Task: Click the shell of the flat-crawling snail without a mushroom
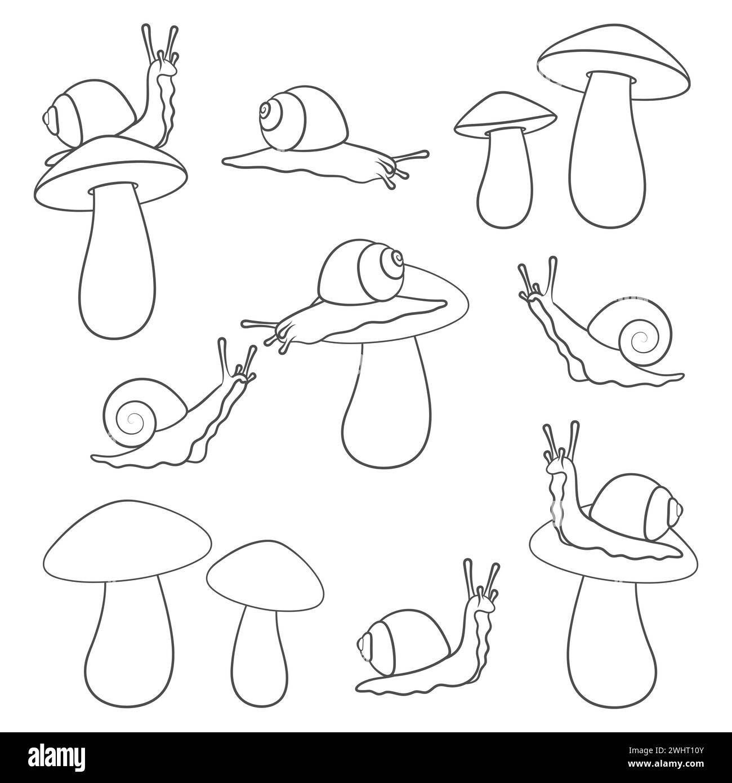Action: point(303,118)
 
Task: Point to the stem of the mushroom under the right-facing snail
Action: point(117,261)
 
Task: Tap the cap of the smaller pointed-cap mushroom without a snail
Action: point(505,115)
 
